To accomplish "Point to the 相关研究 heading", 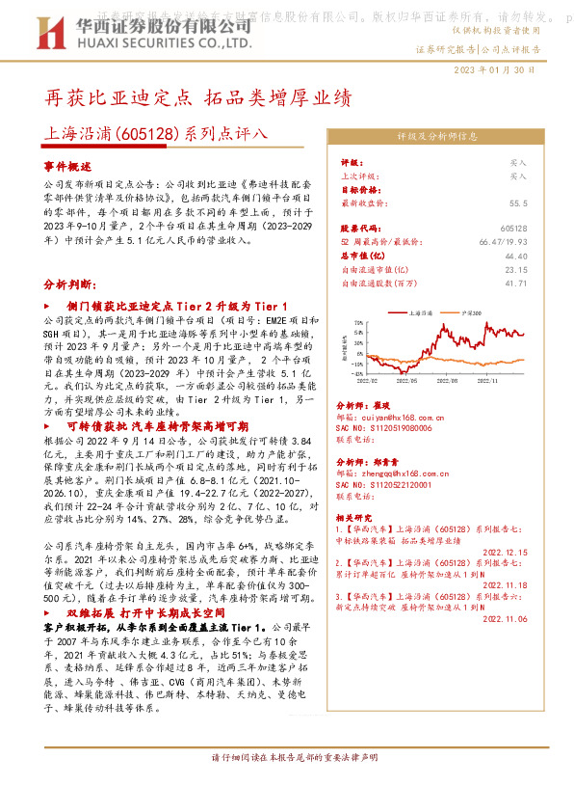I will [355, 516].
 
